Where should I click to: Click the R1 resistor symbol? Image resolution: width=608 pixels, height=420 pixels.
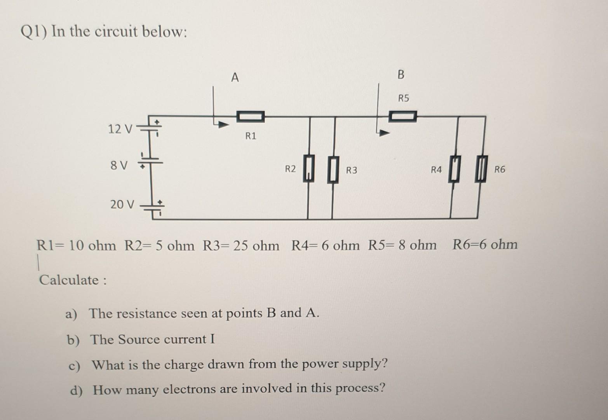(x=251, y=116)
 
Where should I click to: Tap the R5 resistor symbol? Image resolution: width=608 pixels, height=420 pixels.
(x=403, y=116)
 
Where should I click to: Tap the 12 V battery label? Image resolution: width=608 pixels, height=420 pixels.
(x=120, y=129)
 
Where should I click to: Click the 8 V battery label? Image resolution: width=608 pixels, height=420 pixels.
(x=119, y=166)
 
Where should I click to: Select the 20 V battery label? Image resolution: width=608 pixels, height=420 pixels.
(x=122, y=204)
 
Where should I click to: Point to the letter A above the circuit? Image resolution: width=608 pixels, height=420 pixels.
(x=235, y=78)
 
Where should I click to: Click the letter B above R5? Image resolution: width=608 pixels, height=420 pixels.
(x=401, y=74)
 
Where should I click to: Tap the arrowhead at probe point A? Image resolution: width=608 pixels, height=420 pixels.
(x=223, y=125)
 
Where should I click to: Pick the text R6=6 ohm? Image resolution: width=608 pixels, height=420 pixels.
(x=485, y=245)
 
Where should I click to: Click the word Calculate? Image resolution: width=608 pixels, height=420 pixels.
(x=69, y=280)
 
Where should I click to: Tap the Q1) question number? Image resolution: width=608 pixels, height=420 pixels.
(x=34, y=31)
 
